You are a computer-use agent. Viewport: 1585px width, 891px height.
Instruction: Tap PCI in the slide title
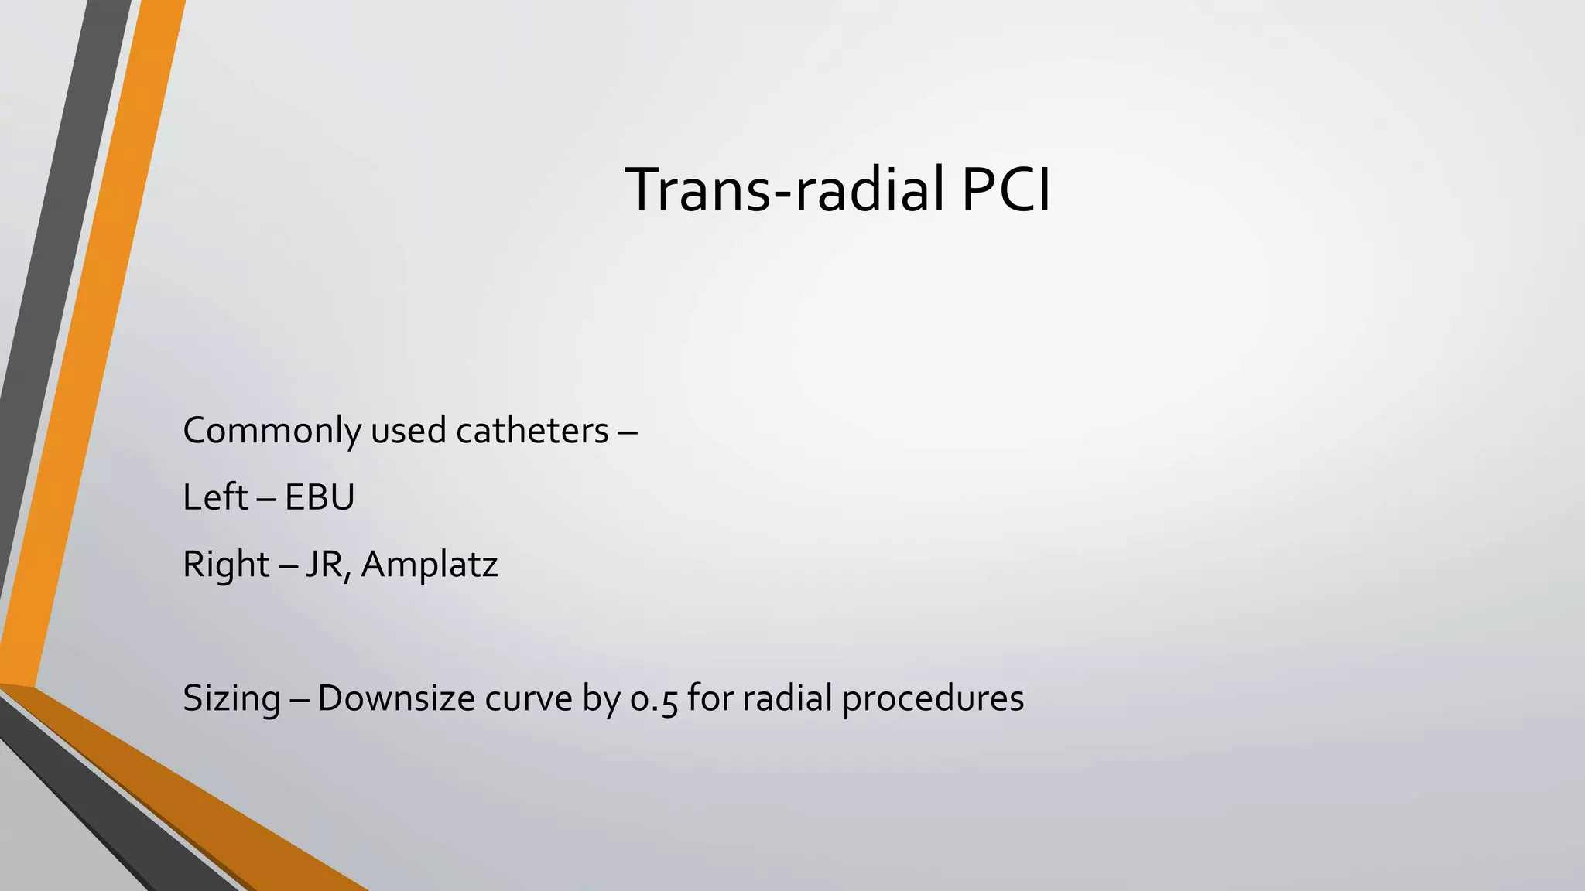click(x=1005, y=189)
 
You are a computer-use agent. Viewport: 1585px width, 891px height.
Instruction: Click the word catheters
click(x=532, y=431)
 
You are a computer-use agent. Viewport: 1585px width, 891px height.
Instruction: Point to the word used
click(x=409, y=431)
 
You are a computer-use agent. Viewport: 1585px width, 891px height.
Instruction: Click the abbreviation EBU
click(x=319, y=497)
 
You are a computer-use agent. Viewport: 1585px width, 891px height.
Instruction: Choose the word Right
click(x=226, y=565)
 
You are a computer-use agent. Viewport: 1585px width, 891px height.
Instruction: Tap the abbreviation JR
click(x=324, y=565)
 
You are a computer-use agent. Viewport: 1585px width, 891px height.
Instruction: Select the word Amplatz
click(x=430, y=565)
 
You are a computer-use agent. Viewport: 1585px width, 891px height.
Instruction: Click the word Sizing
click(x=231, y=698)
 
